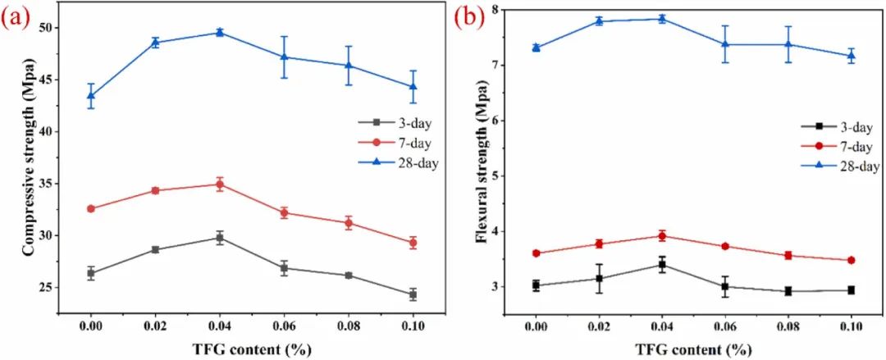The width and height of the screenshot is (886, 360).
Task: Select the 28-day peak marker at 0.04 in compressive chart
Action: click(220, 32)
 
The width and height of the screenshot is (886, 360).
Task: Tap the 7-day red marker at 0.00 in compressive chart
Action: click(91, 208)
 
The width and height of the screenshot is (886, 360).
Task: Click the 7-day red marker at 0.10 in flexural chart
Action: click(851, 260)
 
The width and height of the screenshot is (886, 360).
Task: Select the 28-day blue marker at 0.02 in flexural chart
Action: click(600, 21)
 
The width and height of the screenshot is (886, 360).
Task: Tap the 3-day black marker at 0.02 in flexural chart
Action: click(600, 279)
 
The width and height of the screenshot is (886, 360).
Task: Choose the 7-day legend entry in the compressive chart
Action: click(398, 143)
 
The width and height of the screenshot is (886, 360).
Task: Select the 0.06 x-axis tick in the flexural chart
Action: click(725, 326)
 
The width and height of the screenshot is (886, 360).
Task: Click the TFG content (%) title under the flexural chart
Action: click(694, 349)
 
